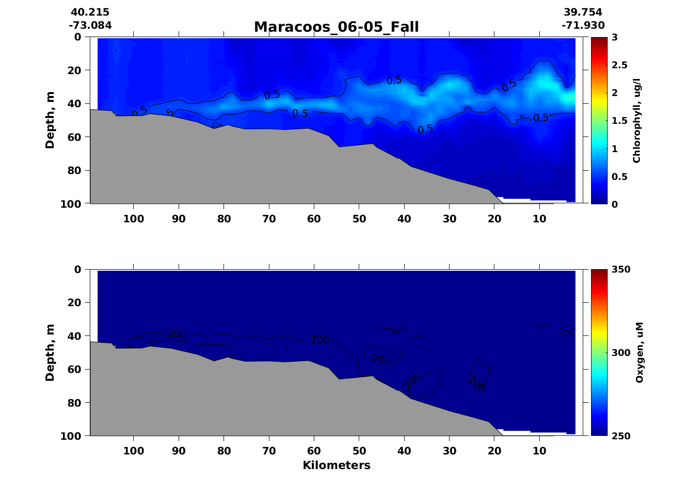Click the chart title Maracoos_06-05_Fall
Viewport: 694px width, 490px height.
(336, 27)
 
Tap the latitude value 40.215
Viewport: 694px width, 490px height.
(90, 12)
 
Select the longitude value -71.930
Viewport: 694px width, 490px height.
(583, 25)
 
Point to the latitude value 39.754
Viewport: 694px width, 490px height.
(583, 12)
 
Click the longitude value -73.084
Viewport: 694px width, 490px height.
(90, 25)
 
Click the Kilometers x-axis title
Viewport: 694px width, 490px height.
(336, 466)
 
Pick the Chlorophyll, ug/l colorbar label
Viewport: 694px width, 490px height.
(636, 120)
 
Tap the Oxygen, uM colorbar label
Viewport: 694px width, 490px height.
(639, 352)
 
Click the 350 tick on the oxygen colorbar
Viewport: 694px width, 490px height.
(621, 270)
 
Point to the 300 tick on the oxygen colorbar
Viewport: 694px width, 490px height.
(621, 353)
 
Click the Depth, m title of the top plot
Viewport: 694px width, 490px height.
(50, 120)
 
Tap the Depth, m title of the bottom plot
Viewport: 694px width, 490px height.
(50, 352)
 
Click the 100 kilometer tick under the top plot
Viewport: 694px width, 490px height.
(134, 219)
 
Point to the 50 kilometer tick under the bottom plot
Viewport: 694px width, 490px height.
(359, 451)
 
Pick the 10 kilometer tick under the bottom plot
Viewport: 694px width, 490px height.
(539, 451)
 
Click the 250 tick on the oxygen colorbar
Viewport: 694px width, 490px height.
(621, 436)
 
